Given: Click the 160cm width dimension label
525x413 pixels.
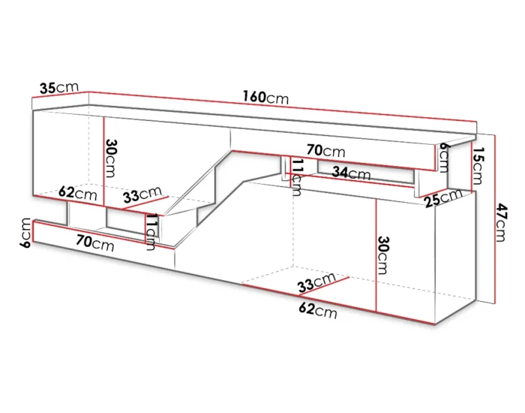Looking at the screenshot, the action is tap(265, 98).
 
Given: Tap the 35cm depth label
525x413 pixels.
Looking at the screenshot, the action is tap(59, 88).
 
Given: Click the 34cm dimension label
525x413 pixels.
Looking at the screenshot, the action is tap(351, 173).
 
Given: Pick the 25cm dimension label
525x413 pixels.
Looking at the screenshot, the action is tap(443, 198).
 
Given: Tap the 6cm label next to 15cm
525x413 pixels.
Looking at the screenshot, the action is tap(443, 157).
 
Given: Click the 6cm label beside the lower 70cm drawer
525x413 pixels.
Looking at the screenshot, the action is tap(25, 233).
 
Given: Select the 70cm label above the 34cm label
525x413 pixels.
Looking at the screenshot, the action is tap(325, 151).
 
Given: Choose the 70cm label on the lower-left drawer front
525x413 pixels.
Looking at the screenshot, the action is tap(95, 243).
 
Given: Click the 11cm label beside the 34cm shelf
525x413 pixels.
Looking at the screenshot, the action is tap(297, 177).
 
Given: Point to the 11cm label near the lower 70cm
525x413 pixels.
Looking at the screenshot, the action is tap(150, 232).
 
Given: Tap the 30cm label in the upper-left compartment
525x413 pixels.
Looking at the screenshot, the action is tap(110, 158).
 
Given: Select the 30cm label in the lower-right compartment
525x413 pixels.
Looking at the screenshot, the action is tap(383, 255).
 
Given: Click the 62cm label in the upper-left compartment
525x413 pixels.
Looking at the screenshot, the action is tap(78, 194).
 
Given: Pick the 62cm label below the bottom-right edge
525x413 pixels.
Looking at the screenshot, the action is tap(318, 311).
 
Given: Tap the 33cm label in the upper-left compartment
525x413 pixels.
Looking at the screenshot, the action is tap(142, 194).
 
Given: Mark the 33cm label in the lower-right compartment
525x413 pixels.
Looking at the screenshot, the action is tap(316, 282).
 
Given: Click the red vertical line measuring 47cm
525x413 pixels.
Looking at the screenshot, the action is tap(495, 219).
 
